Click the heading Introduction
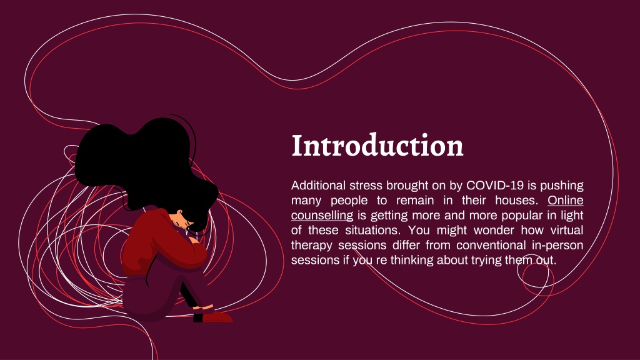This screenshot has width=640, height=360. (377, 145)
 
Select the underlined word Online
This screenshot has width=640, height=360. (565, 201)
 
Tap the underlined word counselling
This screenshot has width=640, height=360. (322, 215)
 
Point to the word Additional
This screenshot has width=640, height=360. (318, 185)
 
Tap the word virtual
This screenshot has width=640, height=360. (567, 230)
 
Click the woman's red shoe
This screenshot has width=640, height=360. (217, 317)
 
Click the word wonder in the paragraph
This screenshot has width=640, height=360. (494, 230)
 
